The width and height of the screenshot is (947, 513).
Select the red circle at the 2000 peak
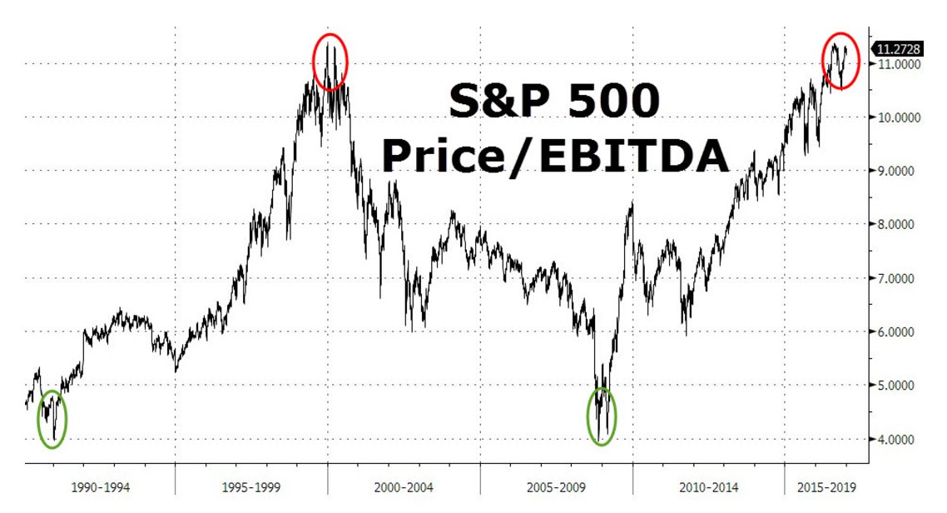(x=330, y=62)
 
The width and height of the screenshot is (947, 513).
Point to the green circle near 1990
(x=52, y=419)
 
